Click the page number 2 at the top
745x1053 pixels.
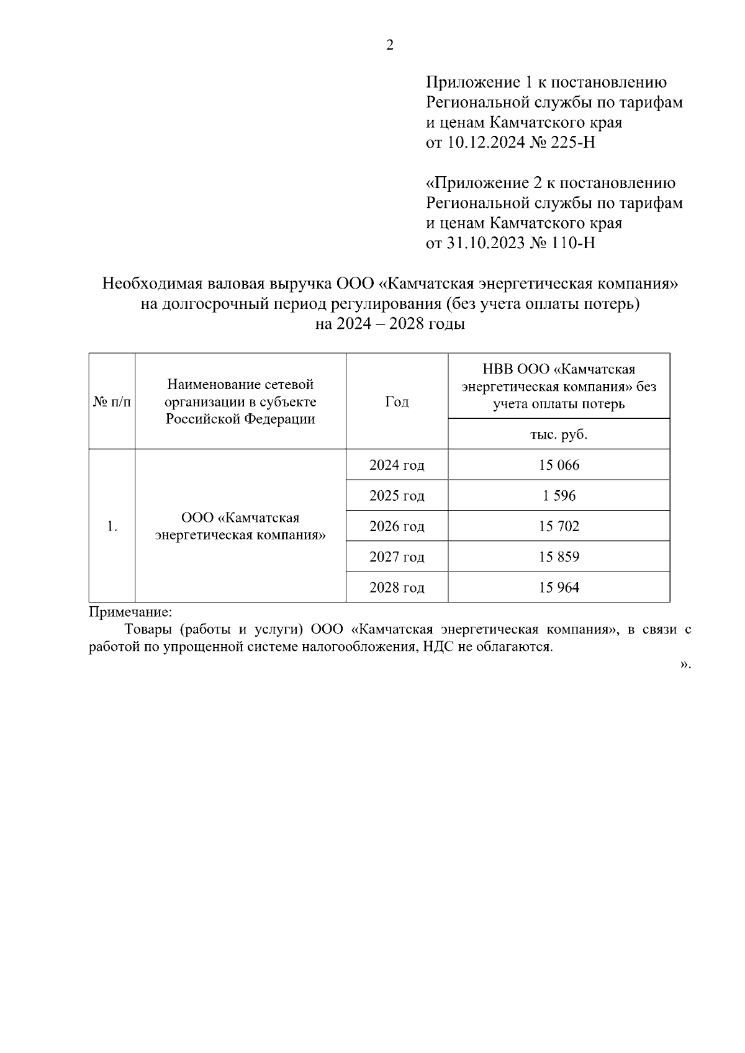(390, 45)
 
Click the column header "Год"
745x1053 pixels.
(397, 401)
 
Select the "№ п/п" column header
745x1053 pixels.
(112, 401)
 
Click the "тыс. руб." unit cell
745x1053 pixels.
(559, 434)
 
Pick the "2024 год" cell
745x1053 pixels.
(397, 465)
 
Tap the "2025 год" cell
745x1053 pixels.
(397, 496)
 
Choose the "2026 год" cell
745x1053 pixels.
(397, 526)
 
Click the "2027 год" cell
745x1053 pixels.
(397, 557)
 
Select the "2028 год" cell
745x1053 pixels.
(397, 587)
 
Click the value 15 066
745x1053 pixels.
(559, 465)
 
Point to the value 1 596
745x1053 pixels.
(559, 496)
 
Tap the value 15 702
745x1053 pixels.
(559, 526)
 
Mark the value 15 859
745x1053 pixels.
(559, 557)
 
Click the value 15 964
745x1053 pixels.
(559, 587)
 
